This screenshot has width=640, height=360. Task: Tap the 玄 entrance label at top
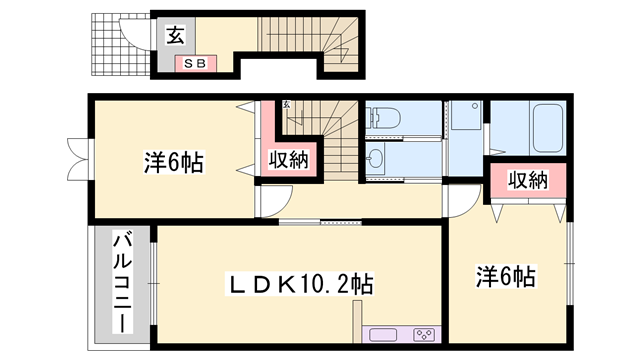click(x=174, y=37)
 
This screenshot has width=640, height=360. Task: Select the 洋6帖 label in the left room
click(x=173, y=160)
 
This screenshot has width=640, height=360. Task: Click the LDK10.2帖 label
click(x=296, y=286)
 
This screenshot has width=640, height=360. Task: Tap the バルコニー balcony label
click(x=119, y=283)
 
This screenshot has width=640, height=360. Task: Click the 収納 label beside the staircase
click(x=288, y=160)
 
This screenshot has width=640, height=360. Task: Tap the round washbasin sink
click(x=376, y=158)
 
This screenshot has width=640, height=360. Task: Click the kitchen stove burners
click(x=423, y=335)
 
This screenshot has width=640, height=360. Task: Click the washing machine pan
click(x=464, y=120)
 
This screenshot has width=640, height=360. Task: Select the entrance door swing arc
click(x=130, y=34)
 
